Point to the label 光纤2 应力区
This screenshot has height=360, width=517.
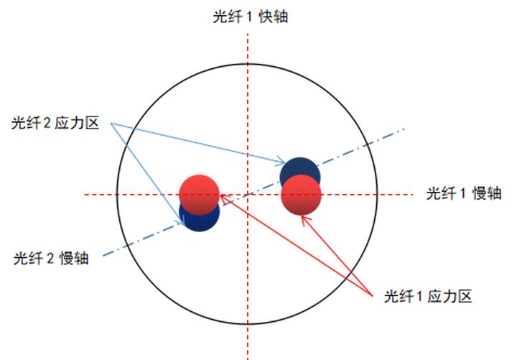(x=55, y=124)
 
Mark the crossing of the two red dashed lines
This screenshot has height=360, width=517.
(x=248, y=194)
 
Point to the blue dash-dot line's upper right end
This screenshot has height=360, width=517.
(x=404, y=130)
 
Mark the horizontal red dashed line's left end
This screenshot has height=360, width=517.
(x=85, y=194)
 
